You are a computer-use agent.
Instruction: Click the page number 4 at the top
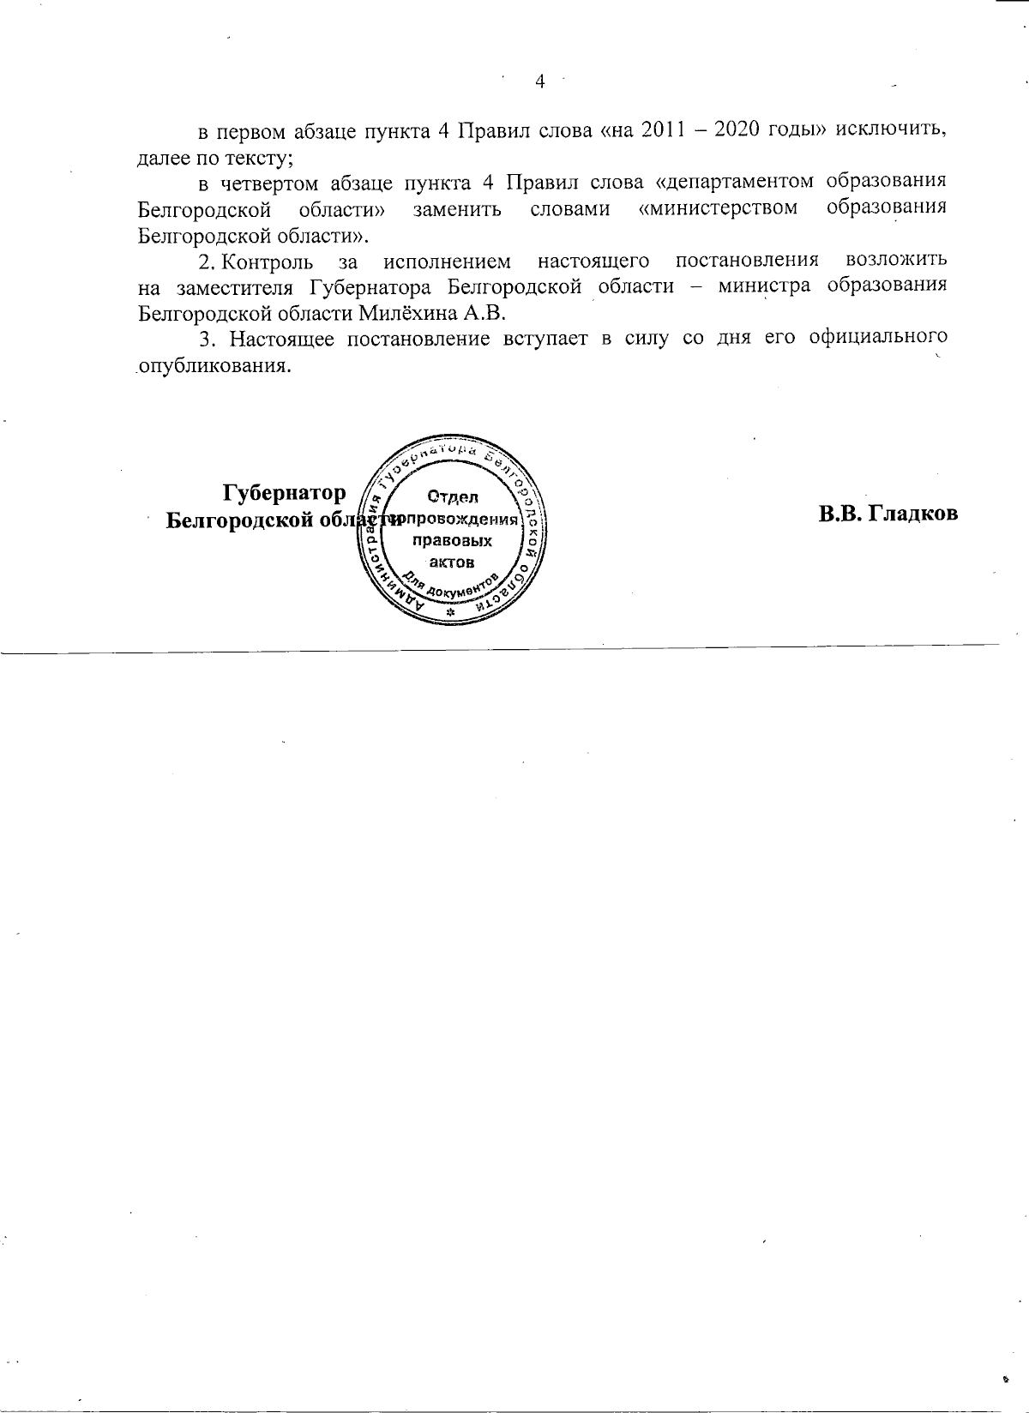pyautogui.click(x=540, y=81)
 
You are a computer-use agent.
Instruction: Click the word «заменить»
pyautogui.click(x=457, y=208)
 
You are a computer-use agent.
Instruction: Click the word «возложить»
pyautogui.click(x=896, y=260)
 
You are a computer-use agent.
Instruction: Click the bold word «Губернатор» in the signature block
pyautogui.click(x=285, y=493)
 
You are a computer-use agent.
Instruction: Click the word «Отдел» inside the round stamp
pyautogui.click(x=453, y=497)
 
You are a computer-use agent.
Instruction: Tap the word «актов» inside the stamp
pyautogui.click(x=452, y=562)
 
